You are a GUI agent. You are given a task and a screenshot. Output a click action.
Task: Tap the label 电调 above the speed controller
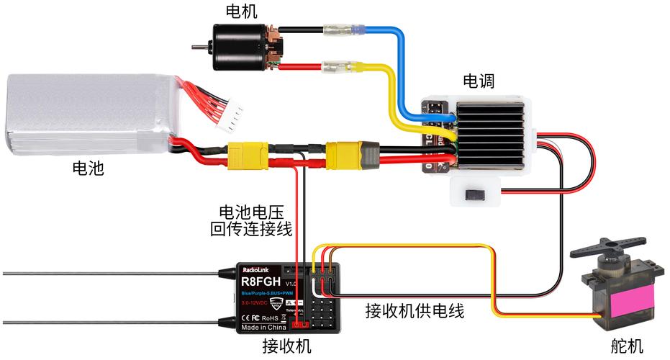pyautogui.click(x=479, y=80)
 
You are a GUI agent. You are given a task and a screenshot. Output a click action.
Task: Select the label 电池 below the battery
pyautogui.click(x=89, y=169)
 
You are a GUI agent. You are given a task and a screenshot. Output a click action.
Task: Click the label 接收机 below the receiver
pyautogui.click(x=286, y=346)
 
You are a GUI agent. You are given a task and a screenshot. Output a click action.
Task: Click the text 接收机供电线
pyautogui.click(x=415, y=311)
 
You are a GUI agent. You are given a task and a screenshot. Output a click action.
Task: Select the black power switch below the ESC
pyautogui.click(x=476, y=194)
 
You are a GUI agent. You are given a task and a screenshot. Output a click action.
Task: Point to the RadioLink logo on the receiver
pyautogui.click(x=255, y=269)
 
